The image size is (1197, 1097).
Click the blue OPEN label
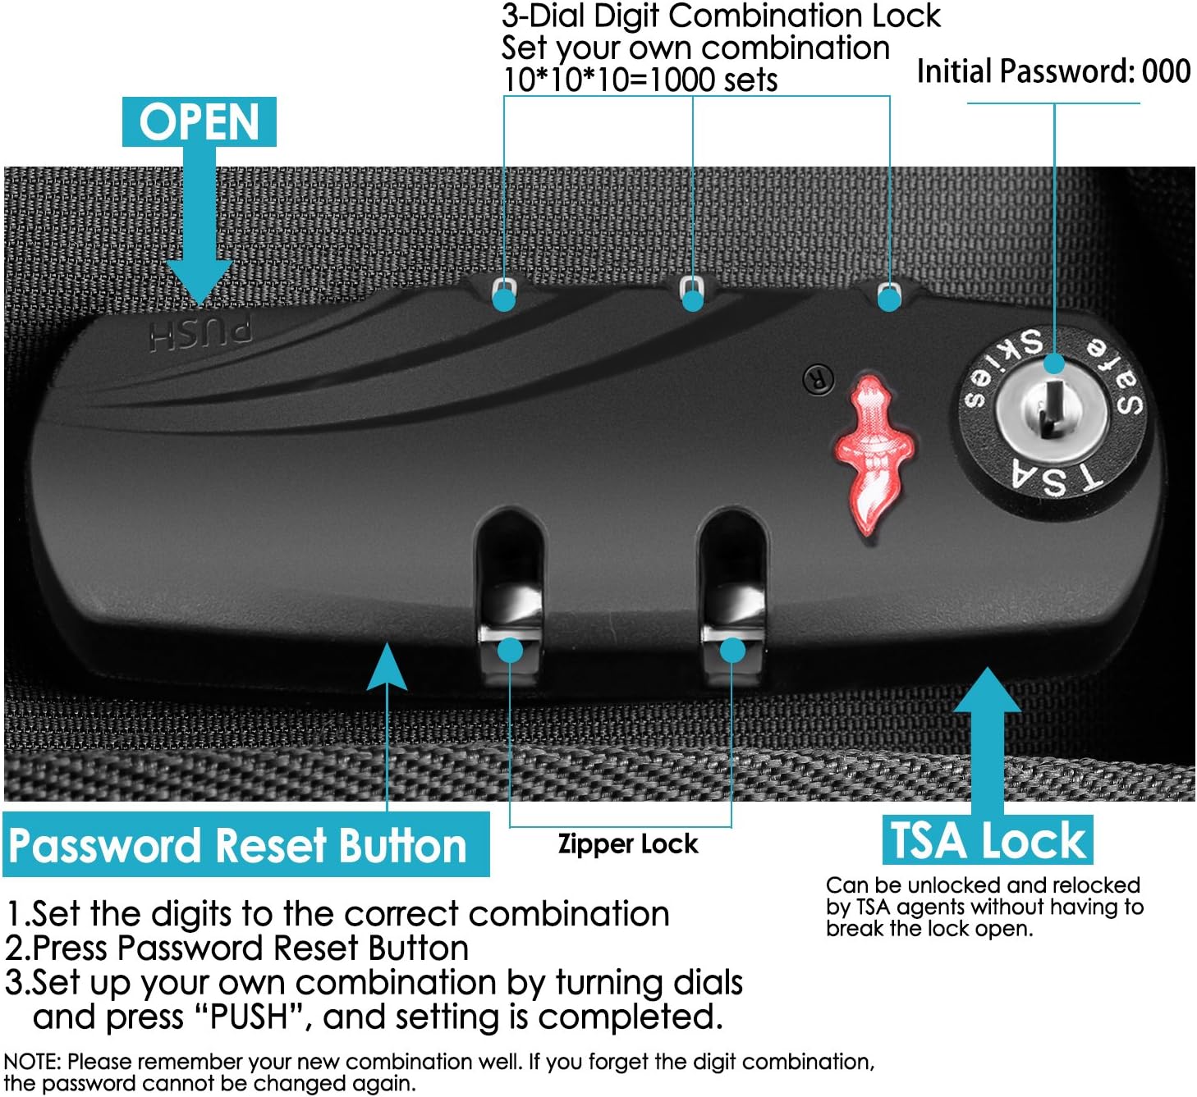[x=199, y=122]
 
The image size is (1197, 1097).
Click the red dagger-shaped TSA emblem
[x=873, y=452]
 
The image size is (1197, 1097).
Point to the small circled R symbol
[x=818, y=379]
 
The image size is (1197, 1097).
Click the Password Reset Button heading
[x=238, y=845]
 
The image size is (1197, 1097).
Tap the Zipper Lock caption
[x=628, y=843]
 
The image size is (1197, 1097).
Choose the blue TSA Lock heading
[x=988, y=840]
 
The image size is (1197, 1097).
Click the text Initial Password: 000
[x=1053, y=71]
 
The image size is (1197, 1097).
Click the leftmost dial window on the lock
[x=504, y=290]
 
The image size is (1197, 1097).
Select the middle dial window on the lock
[x=692, y=289]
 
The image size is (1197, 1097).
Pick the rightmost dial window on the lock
[x=888, y=292]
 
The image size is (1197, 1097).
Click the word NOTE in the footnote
[x=31, y=1062]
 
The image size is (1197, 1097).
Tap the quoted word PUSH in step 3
[x=250, y=1017]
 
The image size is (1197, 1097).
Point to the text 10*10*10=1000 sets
[x=640, y=80]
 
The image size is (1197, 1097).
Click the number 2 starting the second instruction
[x=16, y=948]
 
